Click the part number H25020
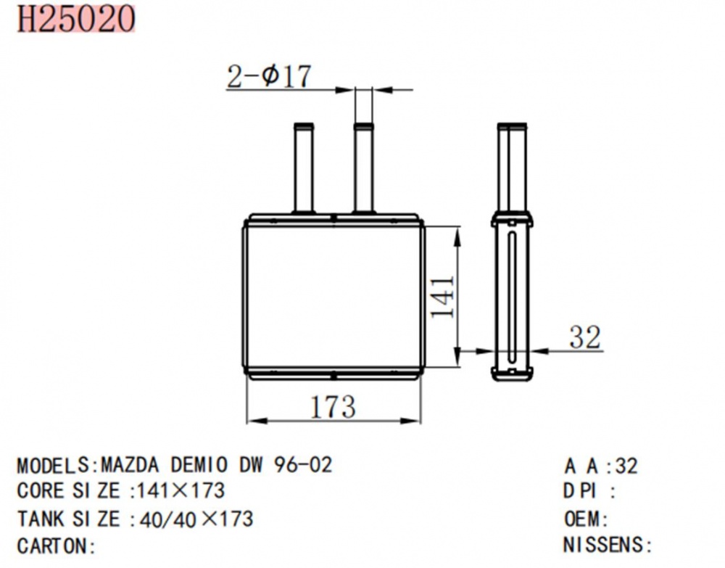[76, 19]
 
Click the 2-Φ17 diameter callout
[269, 76]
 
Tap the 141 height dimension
[442, 297]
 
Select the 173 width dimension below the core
[333, 406]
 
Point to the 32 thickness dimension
[585, 337]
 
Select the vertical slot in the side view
[512, 298]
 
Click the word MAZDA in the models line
[130, 465]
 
